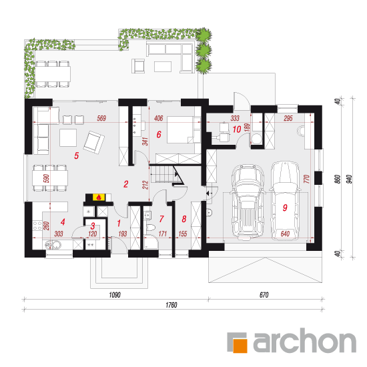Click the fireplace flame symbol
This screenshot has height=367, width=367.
pyautogui.click(x=99, y=198)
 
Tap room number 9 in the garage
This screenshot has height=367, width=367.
pyautogui.click(x=285, y=208)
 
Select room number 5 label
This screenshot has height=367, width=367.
pyautogui.click(x=77, y=155)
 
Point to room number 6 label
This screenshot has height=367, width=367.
pyautogui.click(x=159, y=134)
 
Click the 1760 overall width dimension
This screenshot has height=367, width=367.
pyautogui.click(x=171, y=305)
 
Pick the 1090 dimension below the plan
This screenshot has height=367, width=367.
pyautogui.click(x=115, y=295)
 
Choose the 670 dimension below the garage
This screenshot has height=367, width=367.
pyautogui.click(x=264, y=295)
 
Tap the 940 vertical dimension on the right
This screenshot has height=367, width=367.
pyautogui.click(x=349, y=179)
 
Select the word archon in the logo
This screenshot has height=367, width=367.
pyautogui.click(x=304, y=341)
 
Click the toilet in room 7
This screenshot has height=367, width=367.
pyautogui.click(x=150, y=228)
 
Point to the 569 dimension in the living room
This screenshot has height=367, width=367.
pyautogui.click(x=101, y=118)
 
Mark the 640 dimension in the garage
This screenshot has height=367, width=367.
pyautogui.click(x=285, y=234)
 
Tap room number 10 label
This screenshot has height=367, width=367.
pyautogui.click(x=237, y=129)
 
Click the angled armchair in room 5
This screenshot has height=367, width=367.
pyautogui.click(x=94, y=142)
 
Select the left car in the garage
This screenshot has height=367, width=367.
pyautogui.click(x=248, y=202)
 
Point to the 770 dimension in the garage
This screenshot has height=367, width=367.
pyautogui.click(x=307, y=179)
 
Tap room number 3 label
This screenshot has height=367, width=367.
pyautogui.click(x=93, y=226)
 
